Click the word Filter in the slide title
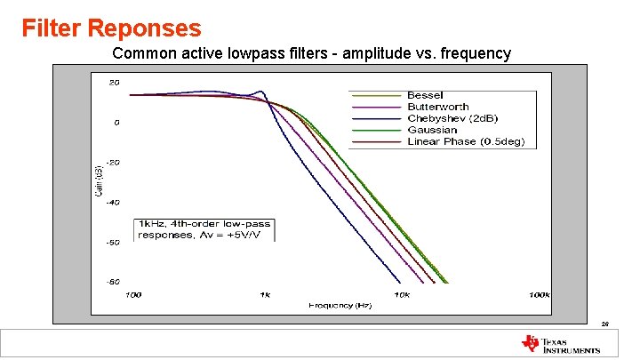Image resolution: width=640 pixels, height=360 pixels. click(x=51, y=28)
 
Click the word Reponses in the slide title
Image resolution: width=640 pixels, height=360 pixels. click(x=144, y=28)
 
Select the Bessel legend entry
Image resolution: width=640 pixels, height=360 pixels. click(x=425, y=95)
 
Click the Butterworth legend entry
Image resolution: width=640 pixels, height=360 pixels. click(x=437, y=107)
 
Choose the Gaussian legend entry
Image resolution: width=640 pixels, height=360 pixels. click(x=432, y=130)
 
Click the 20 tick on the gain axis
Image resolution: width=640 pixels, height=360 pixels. click(x=115, y=83)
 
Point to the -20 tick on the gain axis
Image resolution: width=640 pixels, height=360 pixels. click(x=113, y=163)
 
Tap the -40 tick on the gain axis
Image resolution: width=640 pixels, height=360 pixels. click(x=113, y=202)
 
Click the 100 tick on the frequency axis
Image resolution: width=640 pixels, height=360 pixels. click(x=132, y=294)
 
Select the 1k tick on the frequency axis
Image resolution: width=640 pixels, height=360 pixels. click(x=265, y=294)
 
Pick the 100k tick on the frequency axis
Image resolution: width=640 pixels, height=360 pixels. click(x=540, y=294)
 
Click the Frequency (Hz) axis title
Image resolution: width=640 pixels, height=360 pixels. click(x=340, y=306)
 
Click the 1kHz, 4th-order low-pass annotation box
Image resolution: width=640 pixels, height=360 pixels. click(x=204, y=229)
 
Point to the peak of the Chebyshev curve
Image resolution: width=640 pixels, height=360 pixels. click(x=260, y=90)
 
